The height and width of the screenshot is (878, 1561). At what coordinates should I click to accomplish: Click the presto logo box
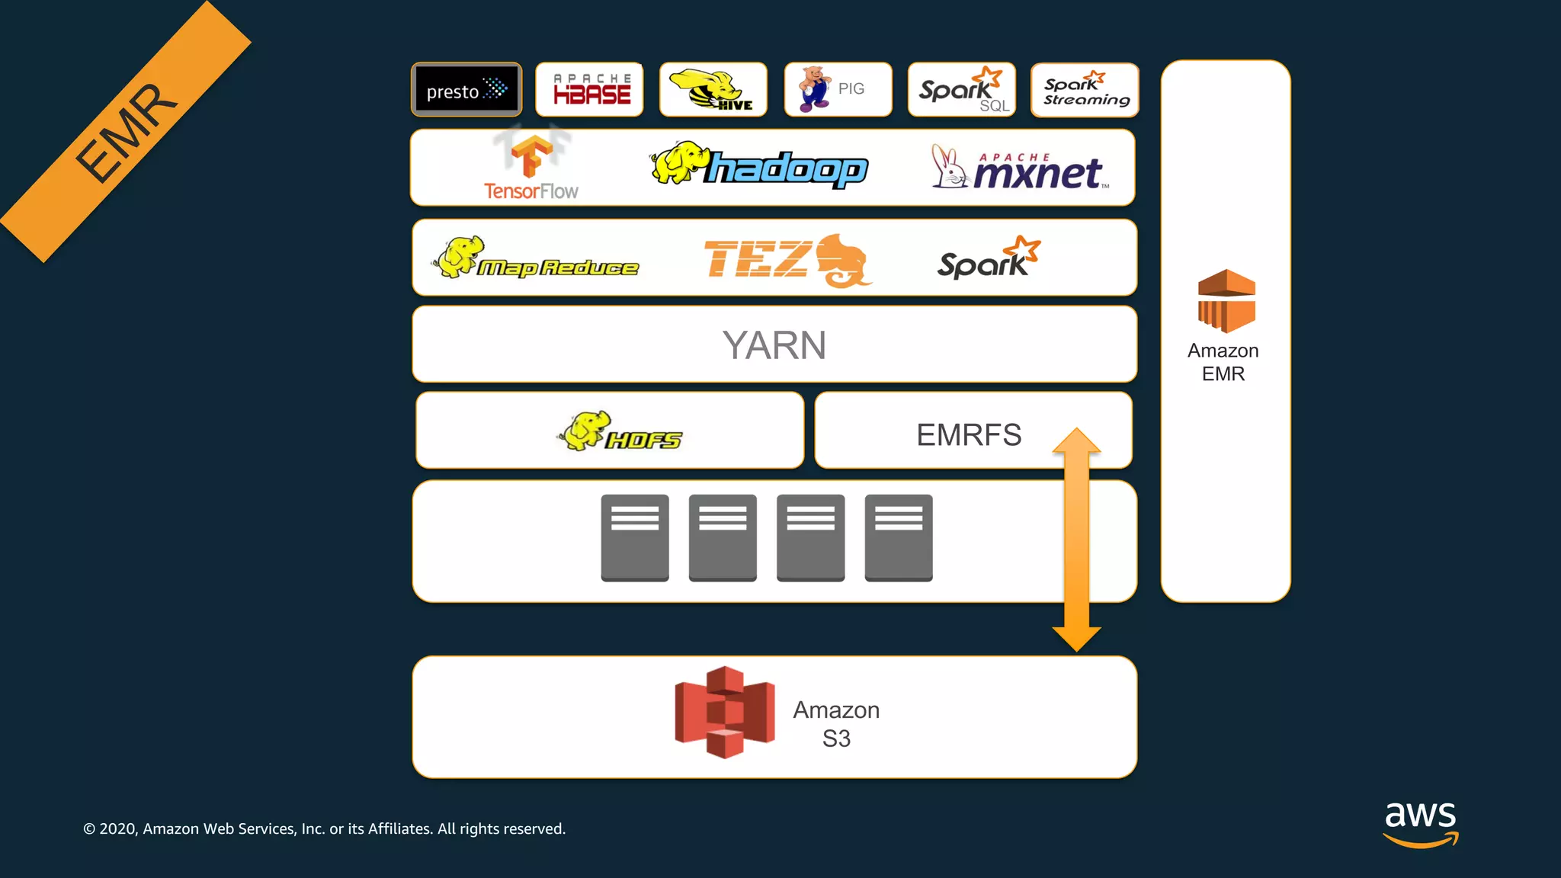click(466, 90)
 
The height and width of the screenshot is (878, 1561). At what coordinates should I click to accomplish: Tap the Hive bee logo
click(713, 90)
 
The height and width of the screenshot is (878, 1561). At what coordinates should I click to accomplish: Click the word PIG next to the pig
click(851, 88)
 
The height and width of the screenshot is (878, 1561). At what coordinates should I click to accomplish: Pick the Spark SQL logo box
click(962, 90)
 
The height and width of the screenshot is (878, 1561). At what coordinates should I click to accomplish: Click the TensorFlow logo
click(531, 168)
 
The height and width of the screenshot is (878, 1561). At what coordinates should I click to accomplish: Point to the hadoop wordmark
click(785, 168)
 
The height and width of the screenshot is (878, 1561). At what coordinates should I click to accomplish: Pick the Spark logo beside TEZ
click(988, 259)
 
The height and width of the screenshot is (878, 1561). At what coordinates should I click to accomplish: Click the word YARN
click(774, 345)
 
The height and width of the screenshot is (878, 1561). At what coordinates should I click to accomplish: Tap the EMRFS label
click(968, 435)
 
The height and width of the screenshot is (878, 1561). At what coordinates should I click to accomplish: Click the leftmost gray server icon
click(634, 537)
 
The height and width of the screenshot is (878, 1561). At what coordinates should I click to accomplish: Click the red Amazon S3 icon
click(724, 712)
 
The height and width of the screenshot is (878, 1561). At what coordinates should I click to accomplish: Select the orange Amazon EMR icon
click(1226, 301)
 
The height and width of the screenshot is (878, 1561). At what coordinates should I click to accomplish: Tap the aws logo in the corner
click(1420, 823)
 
